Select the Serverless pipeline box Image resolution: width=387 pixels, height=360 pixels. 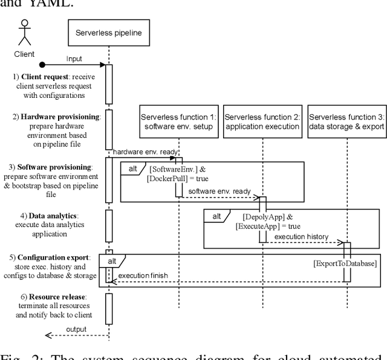pyautogui.click(x=109, y=33)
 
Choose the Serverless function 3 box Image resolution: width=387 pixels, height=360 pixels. pyautogui.click(x=346, y=121)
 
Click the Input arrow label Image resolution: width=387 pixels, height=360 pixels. pyautogui.click(x=74, y=59)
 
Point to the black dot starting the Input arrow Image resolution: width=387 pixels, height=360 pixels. pyautogui.click(x=41, y=64)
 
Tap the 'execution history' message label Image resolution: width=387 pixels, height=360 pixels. pyautogui.click(x=301, y=237)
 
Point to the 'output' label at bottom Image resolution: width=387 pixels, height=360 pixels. pyautogui.click(x=76, y=329)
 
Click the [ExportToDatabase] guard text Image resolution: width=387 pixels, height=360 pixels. pyautogui.click(x=345, y=263)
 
